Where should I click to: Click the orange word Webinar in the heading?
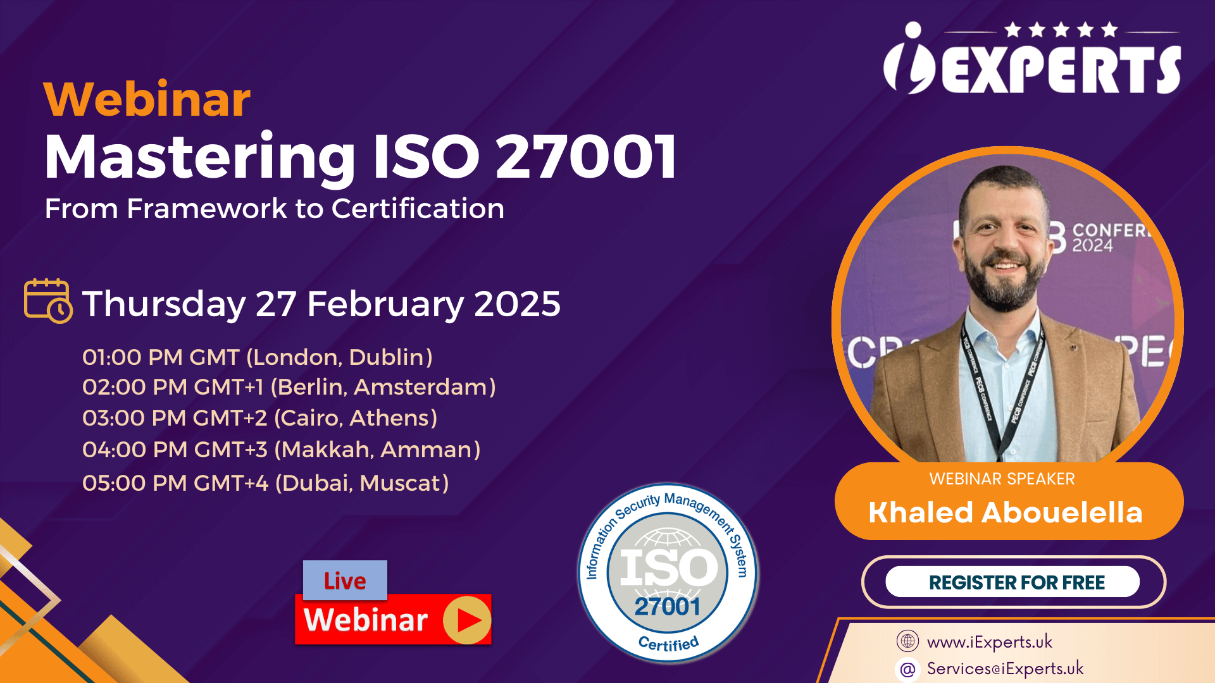click(147, 99)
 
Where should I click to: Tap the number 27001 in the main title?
click(586, 157)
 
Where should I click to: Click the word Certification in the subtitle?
click(418, 209)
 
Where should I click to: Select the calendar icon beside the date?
click(48, 301)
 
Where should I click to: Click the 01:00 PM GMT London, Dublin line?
click(258, 357)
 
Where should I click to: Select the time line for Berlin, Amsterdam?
click(289, 387)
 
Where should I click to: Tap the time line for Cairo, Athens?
click(260, 418)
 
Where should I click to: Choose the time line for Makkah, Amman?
click(282, 450)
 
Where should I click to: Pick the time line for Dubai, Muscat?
click(266, 483)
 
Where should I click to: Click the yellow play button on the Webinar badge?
click(467, 620)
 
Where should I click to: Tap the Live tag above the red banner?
click(345, 581)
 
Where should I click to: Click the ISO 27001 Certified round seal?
click(668, 573)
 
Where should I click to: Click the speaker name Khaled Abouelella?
click(1006, 512)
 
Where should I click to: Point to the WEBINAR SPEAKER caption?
click(1002, 479)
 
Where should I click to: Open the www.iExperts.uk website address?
click(990, 642)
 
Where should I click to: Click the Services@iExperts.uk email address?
click(1005, 668)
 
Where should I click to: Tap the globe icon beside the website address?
click(907, 641)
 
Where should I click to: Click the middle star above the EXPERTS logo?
click(1061, 30)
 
